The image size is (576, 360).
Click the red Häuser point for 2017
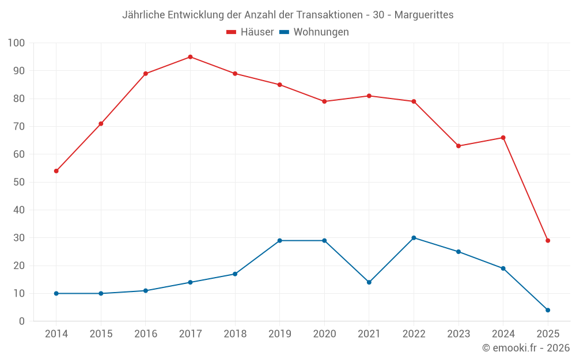(x=190, y=57)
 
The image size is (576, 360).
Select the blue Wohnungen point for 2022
(x=414, y=238)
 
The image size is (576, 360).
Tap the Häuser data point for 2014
(x=56, y=171)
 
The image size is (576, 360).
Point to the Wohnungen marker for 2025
(x=548, y=310)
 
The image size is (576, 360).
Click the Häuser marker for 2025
(x=548, y=241)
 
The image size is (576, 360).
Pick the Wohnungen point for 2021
(x=369, y=282)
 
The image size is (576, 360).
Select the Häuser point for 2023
(x=458, y=146)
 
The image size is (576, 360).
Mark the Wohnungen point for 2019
(x=279, y=241)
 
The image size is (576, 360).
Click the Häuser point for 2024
(x=503, y=138)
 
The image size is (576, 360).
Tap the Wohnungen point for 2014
(x=56, y=293)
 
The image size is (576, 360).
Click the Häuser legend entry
(x=250, y=32)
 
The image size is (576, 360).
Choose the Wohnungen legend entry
(x=314, y=32)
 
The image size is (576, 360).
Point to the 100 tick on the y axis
(x=17, y=43)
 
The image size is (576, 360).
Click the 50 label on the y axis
(x=19, y=182)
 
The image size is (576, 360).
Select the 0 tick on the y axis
(x=22, y=321)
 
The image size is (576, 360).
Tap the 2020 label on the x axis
(x=324, y=334)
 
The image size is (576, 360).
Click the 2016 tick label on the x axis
(x=145, y=334)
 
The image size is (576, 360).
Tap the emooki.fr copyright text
(x=525, y=348)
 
